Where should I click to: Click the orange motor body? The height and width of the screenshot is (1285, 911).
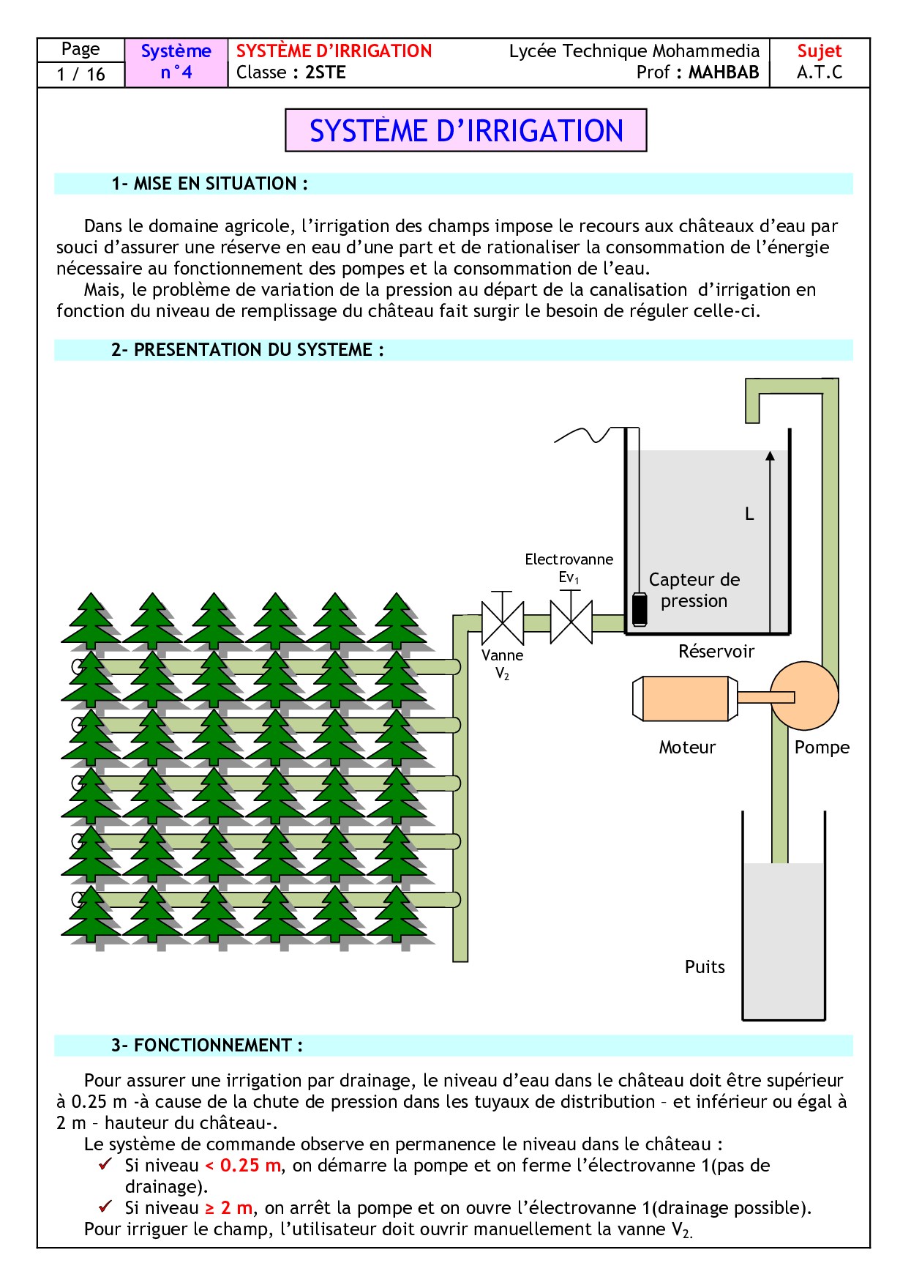(685, 699)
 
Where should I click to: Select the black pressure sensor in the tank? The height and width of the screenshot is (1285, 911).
(640, 608)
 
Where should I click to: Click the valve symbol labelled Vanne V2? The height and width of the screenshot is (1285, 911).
(502, 622)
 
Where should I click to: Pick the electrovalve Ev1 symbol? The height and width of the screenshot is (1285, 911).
(571, 622)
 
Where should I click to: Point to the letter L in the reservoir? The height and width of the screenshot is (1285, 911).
(749, 514)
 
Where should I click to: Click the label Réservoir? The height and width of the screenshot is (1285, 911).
(716, 651)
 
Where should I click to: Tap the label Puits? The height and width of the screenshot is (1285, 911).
(705, 966)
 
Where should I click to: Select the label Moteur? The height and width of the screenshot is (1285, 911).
(687, 747)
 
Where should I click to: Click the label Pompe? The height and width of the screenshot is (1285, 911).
(822, 747)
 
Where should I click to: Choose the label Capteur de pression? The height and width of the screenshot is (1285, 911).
(694, 590)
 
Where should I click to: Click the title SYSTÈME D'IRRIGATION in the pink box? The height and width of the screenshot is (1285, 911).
(466, 131)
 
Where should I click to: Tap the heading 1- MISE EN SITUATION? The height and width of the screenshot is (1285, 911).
(210, 184)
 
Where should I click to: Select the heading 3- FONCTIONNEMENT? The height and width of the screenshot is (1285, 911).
(207, 1046)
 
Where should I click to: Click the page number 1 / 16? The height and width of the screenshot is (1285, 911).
(80, 74)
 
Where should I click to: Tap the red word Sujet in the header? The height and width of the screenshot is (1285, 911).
(819, 51)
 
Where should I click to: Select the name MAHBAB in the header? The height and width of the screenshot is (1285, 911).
(724, 72)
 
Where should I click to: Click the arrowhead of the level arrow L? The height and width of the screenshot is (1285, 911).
(770, 456)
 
